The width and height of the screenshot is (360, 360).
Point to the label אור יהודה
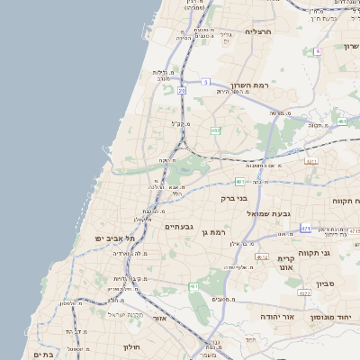[x=276, y=317]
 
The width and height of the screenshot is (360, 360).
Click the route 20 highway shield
[x=182, y=90]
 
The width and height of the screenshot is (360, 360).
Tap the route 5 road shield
[x=205, y=82]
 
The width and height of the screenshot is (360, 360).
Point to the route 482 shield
[x=215, y=131]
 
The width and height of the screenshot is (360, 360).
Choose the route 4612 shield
[x=262, y=257]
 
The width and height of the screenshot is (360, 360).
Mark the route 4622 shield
[x=304, y=293]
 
